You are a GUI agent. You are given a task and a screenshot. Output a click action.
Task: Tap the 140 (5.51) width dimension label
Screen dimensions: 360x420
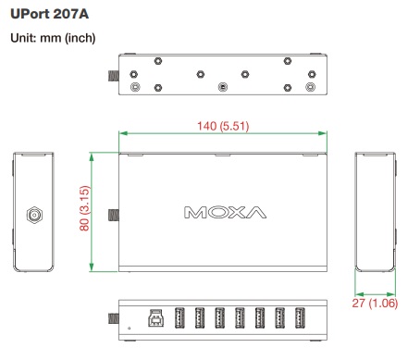point(222,126)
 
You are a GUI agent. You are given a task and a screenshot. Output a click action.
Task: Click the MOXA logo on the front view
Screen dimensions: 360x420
point(225,212)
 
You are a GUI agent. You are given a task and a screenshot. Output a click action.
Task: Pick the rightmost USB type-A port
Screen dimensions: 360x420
point(300,317)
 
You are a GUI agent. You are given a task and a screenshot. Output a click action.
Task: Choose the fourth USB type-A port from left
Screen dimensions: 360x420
point(240,317)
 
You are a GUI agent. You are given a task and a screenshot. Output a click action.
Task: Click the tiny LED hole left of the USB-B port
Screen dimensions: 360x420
point(130,325)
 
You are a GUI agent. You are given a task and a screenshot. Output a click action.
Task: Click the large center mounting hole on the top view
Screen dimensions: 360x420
point(222,87)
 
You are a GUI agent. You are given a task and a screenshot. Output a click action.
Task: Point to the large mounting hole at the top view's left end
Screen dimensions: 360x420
point(137,87)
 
